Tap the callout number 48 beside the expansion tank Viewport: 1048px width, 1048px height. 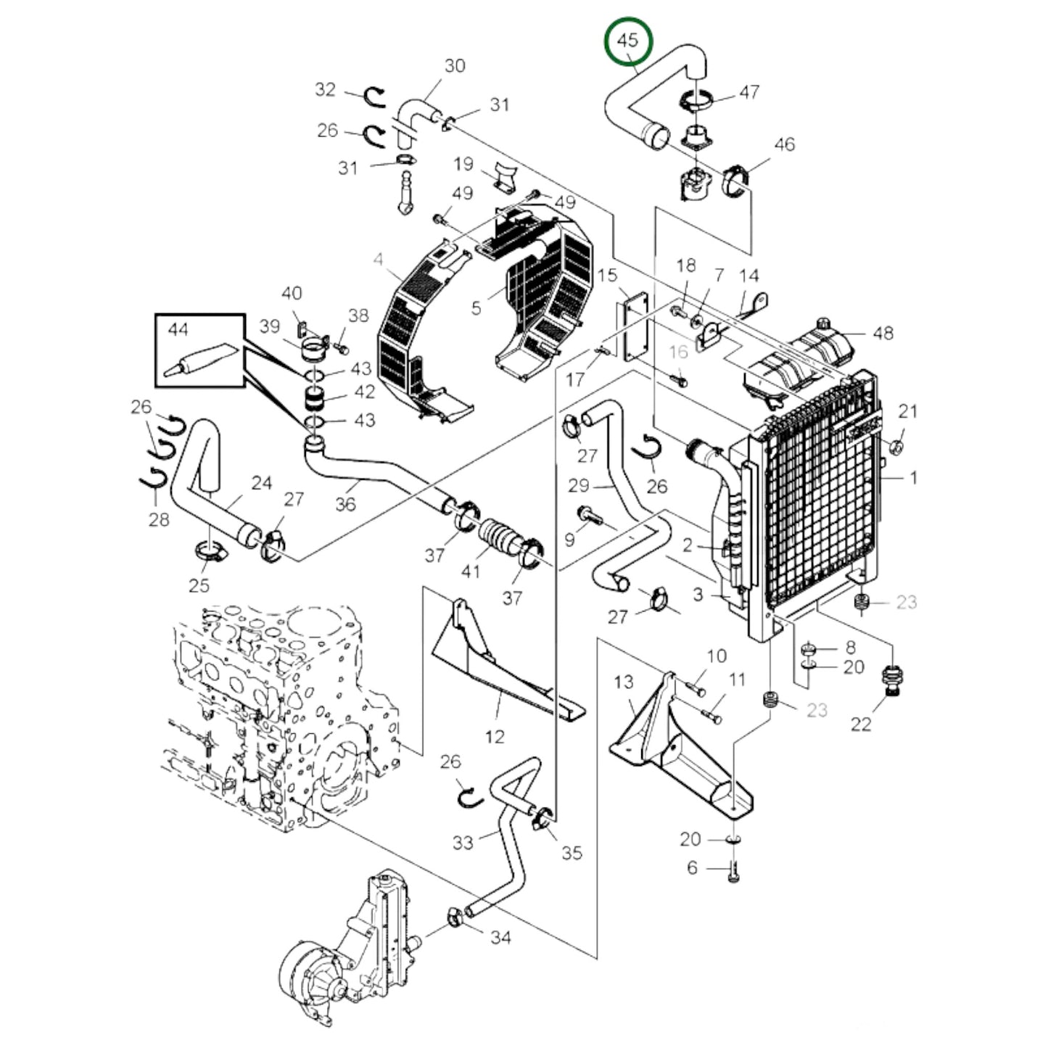click(883, 333)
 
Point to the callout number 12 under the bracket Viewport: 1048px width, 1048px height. click(494, 737)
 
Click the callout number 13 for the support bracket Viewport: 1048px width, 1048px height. click(623, 682)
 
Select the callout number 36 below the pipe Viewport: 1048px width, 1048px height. click(345, 503)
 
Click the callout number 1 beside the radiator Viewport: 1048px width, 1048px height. click(913, 478)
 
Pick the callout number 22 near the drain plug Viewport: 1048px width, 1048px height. click(860, 724)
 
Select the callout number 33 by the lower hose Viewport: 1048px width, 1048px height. click(463, 842)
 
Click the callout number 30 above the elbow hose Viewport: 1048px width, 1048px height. click(455, 65)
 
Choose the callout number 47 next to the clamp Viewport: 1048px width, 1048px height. click(748, 91)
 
